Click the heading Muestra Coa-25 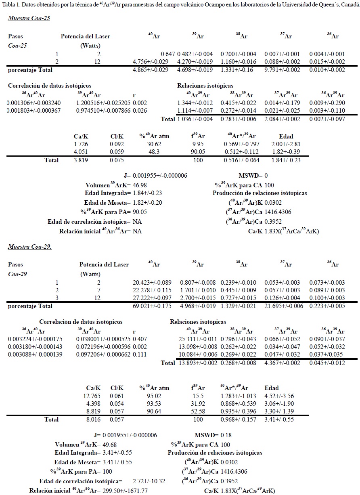[29, 18]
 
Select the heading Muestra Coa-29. [29, 246]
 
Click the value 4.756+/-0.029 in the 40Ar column [152, 61]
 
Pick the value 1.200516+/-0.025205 [103, 103]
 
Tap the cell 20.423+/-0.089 [152, 282]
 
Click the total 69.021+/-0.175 [152, 306]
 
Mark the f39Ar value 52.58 [198, 411]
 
